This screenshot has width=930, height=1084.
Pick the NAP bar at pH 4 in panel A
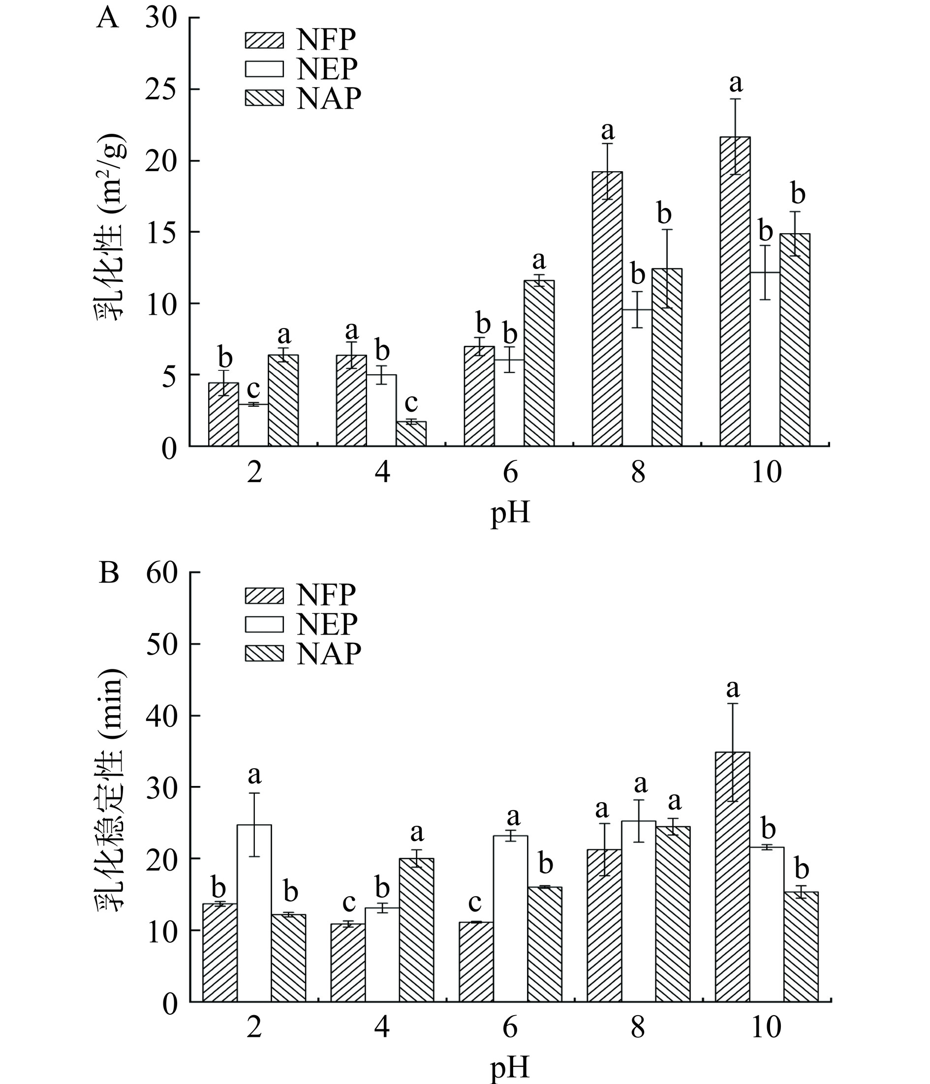[x=411, y=434]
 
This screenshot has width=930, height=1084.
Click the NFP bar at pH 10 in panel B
[x=732, y=879]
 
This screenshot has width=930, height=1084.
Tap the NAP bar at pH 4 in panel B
[x=416, y=932]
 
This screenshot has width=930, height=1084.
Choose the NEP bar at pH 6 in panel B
[x=510, y=921]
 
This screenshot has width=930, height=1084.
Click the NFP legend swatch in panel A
[x=264, y=40]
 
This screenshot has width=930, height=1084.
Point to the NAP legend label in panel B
[x=329, y=654]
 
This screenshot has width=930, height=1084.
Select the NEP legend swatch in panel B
[x=264, y=624]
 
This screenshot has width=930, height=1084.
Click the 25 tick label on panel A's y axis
[x=162, y=90]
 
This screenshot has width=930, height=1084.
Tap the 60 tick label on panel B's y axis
[x=162, y=573]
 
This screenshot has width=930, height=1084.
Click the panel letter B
[x=108, y=574]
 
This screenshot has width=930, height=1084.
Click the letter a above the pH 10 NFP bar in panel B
[x=733, y=689]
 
